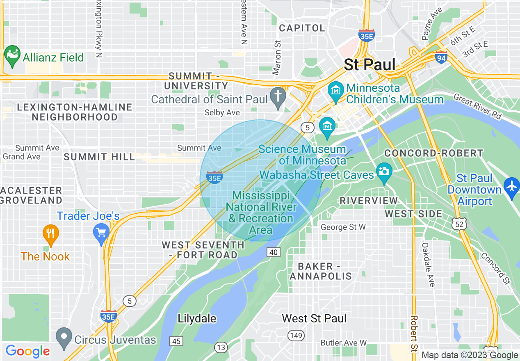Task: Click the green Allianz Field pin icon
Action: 12,56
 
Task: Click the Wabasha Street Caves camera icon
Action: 384,172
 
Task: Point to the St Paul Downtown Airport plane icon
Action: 512,187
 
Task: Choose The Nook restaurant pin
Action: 50,235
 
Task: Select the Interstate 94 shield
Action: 441,58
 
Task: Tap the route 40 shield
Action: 274,252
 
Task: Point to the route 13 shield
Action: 221,348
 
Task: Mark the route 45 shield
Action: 177,341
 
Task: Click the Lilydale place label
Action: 197,318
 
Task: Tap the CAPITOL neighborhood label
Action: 302,28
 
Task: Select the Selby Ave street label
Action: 222,112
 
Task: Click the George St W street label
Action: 343,227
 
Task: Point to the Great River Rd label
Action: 477,107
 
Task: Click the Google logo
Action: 27,351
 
